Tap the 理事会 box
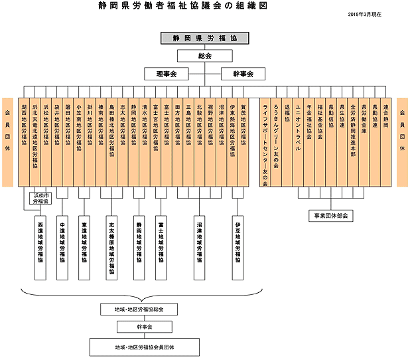click(x=167, y=73)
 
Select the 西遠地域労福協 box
click(x=40, y=246)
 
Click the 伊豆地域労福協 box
click(x=238, y=246)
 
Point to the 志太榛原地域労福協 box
click(x=112, y=246)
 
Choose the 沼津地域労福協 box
click(x=200, y=246)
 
